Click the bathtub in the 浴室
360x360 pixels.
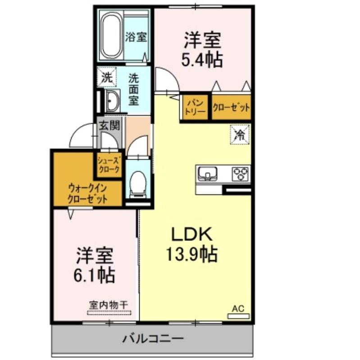(112, 36)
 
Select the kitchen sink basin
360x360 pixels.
(208, 173)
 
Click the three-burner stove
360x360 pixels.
(240, 174)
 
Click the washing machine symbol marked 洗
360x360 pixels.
(107, 77)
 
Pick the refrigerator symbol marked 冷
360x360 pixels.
(240, 135)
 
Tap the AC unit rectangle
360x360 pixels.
(238, 316)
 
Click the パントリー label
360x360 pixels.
(195, 107)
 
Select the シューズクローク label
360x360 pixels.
(109, 165)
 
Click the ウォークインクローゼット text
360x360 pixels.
(87, 194)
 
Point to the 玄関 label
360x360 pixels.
(109, 126)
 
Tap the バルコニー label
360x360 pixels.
(153, 339)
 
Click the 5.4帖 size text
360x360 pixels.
(202, 60)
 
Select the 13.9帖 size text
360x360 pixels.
(192, 254)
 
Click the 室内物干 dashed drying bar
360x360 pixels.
(109, 313)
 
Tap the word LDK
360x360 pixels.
(192, 234)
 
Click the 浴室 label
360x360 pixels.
(136, 37)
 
